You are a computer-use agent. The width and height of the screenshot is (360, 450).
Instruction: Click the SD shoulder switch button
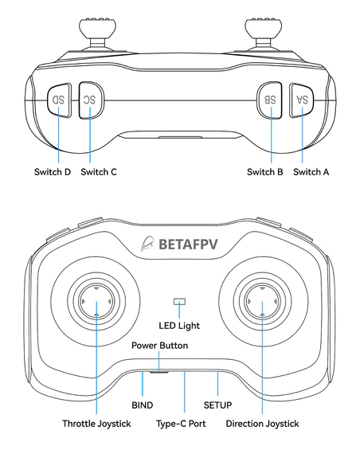(x=59, y=100)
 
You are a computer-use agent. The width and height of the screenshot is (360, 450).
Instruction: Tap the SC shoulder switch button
(x=91, y=100)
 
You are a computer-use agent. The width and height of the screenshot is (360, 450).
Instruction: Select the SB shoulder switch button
(x=269, y=100)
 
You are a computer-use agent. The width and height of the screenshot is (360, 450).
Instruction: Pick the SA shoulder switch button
(x=301, y=100)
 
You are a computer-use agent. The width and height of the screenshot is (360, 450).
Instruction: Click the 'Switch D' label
(x=53, y=172)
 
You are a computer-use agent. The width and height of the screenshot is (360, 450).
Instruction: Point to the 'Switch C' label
(x=99, y=172)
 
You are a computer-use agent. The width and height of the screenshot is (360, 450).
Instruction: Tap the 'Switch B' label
(x=265, y=172)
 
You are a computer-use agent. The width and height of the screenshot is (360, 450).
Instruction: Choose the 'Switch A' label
(x=311, y=172)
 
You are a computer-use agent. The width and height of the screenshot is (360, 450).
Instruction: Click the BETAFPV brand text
(x=188, y=245)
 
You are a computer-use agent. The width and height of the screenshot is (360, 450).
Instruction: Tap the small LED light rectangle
(x=180, y=302)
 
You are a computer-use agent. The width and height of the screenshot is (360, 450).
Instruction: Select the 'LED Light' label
(x=179, y=326)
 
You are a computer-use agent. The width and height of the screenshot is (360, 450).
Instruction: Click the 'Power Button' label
(x=159, y=346)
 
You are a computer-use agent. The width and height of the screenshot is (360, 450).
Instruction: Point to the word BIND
(x=143, y=405)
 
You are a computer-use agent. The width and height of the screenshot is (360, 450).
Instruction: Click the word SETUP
(x=217, y=405)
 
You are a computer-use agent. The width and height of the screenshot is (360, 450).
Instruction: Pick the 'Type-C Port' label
(x=181, y=424)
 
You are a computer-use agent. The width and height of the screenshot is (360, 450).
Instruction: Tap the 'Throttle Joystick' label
(x=96, y=424)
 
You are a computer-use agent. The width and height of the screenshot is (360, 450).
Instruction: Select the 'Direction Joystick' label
(x=262, y=424)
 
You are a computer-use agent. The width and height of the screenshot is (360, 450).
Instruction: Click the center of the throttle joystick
(x=96, y=302)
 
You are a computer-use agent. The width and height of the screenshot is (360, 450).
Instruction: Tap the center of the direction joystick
(x=262, y=302)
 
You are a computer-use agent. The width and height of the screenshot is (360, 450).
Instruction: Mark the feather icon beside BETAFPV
(x=147, y=245)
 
